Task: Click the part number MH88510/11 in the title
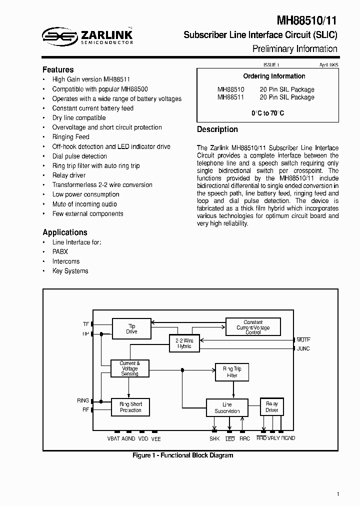[x=307, y=21]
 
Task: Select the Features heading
[x=58, y=70]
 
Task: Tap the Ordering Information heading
[x=274, y=76]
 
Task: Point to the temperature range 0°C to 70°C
[x=267, y=113]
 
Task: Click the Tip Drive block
[x=131, y=328]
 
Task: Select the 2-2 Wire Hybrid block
[x=184, y=343]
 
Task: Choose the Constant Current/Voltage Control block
[x=253, y=327]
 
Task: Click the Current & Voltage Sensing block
[x=129, y=368]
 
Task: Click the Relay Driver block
[x=271, y=407]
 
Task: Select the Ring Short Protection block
[x=130, y=407]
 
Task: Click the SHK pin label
[x=214, y=438]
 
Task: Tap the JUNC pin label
[x=303, y=348]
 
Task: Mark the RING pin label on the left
[x=83, y=400]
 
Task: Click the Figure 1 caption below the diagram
[x=182, y=455]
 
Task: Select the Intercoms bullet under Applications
[x=66, y=261]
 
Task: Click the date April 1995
[x=328, y=65]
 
